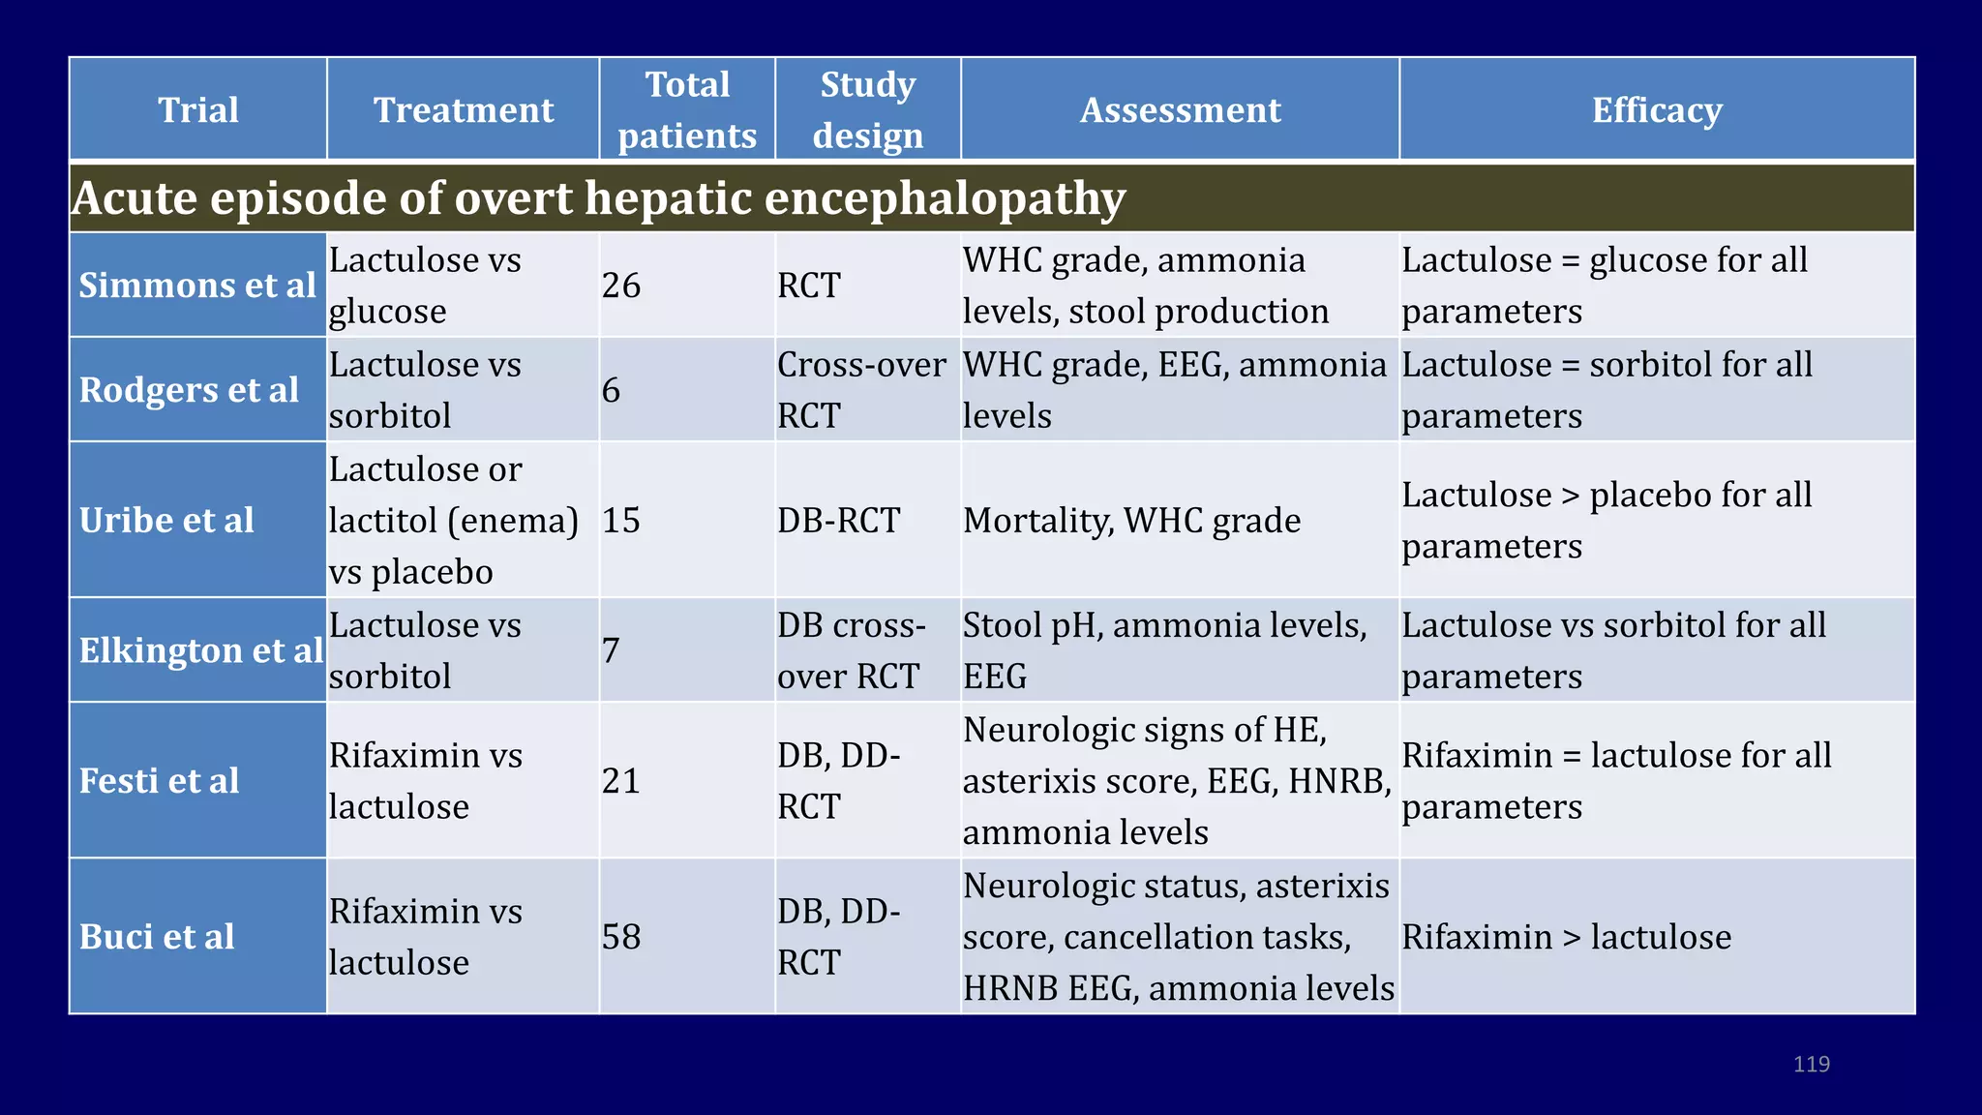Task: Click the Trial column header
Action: click(198, 109)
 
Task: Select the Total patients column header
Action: click(687, 109)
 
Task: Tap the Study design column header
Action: click(868, 109)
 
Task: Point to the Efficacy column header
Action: click(1657, 109)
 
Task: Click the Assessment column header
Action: click(1180, 109)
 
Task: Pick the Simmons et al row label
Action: click(197, 286)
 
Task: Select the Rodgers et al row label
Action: click(190, 390)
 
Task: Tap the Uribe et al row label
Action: click(166, 521)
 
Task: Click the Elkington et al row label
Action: click(200, 650)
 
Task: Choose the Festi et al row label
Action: click(160, 781)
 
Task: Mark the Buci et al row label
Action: click(157, 937)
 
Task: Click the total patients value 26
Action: click(621, 286)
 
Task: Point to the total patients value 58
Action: click(621, 937)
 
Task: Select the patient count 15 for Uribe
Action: click(621, 521)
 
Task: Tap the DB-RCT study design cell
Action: click(838, 521)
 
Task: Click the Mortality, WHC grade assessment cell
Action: click(1131, 521)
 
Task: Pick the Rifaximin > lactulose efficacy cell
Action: click(1566, 937)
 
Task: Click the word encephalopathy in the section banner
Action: click(945, 198)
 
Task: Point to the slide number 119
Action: click(1811, 1064)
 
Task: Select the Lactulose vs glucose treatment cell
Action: click(425, 286)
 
